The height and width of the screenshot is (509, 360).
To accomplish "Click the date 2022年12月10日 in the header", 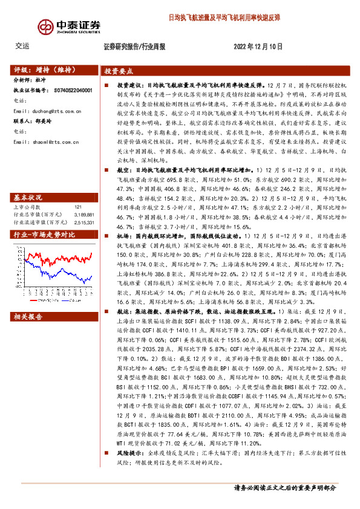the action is pyautogui.click(x=257, y=46).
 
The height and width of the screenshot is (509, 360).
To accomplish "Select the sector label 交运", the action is pyautogui.click(x=22, y=46).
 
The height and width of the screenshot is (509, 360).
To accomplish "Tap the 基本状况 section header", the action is pyautogui.click(x=28, y=181).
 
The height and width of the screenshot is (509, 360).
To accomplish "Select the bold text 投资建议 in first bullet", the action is pyautogui.click(x=128, y=86).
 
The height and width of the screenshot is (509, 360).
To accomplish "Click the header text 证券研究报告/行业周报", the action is pyautogui.click(x=135, y=46).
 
